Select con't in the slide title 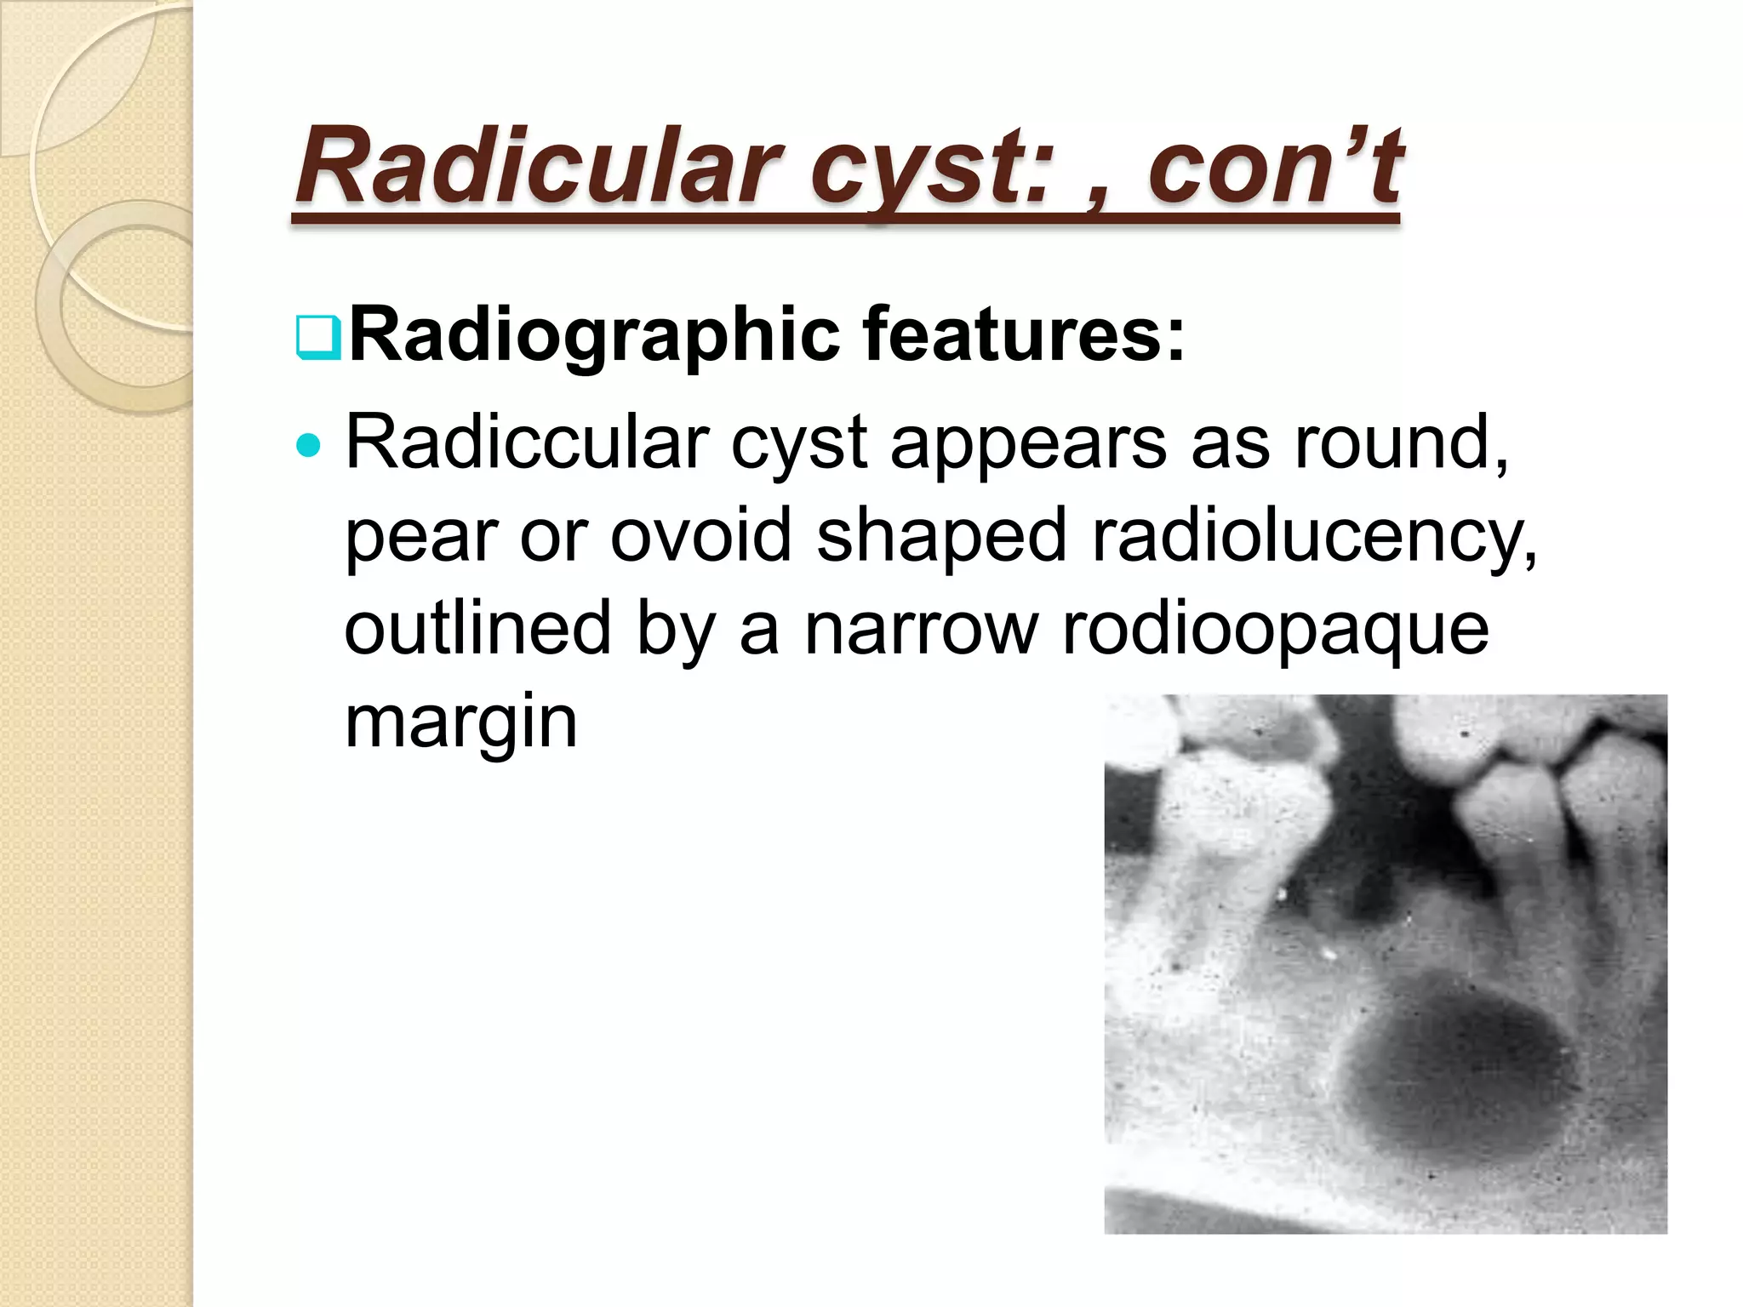[x=1274, y=166]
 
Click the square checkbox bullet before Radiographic [x=318, y=338]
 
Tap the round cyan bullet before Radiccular [x=310, y=445]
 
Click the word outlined [x=477, y=627]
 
